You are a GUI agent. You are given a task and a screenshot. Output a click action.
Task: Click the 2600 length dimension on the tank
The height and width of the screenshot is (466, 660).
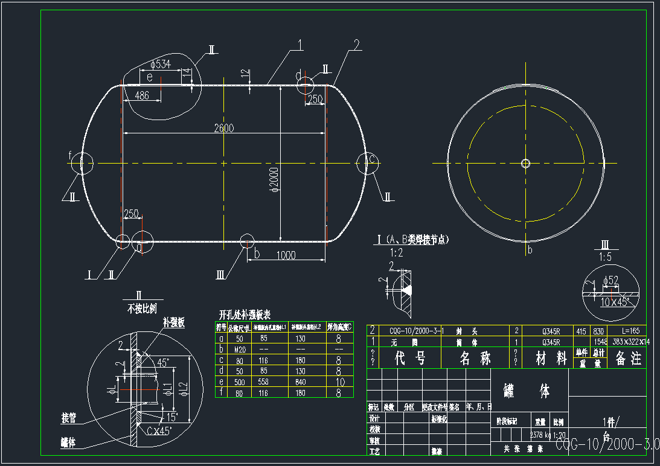[223, 128]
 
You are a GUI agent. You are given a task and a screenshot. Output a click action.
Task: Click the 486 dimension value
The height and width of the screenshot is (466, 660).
[142, 95]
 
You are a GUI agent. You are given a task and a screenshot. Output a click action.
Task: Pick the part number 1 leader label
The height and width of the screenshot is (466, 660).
[300, 44]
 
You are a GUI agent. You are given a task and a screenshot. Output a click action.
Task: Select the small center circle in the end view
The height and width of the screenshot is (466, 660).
[525, 163]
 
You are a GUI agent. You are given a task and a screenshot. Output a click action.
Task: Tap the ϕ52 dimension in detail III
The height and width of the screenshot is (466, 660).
[610, 280]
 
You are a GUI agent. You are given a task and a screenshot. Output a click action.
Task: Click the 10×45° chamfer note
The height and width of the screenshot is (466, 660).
[615, 301]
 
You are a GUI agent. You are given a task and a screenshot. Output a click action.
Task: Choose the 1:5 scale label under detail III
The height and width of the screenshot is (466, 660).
[604, 257]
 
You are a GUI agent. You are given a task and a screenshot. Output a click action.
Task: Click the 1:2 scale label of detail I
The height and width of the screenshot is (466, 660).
[396, 252]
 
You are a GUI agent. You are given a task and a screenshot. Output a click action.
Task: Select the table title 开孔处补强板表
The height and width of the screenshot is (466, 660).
[245, 315]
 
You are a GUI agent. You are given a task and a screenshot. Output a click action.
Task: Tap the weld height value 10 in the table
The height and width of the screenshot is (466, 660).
[339, 382]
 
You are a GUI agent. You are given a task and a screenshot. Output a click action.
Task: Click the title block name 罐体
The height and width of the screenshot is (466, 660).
[528, 392]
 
